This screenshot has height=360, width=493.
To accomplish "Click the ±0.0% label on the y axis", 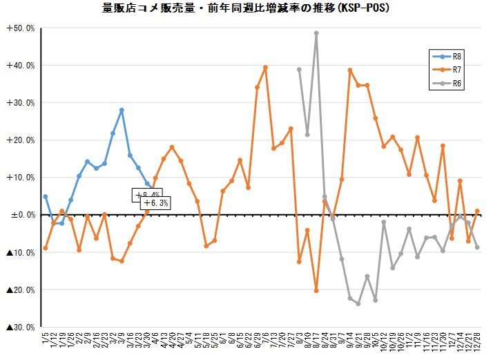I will coord(22,215).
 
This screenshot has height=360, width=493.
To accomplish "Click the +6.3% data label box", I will coord(155,203).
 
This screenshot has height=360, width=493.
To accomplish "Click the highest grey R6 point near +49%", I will coord(316,32).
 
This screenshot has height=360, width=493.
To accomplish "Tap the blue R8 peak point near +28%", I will coord(122,110).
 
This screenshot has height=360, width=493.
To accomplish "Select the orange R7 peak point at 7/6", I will coord(265,68).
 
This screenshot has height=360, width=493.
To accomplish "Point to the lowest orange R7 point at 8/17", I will coord(316,291).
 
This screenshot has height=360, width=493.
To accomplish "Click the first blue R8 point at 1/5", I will coord(45,196).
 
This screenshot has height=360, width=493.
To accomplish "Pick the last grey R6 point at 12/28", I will coord(477,247).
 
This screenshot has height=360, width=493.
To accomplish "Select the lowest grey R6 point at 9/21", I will coord(358,303).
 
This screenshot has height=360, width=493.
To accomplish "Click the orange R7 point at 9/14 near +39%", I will coord(350,70).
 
